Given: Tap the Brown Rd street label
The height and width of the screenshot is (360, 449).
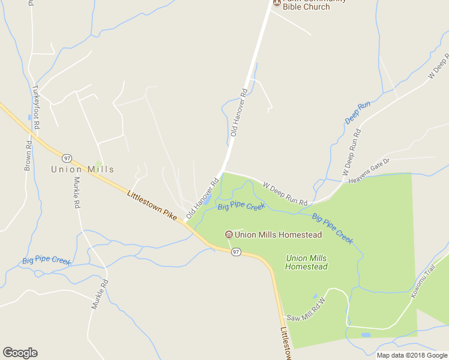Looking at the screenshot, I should [28, 156].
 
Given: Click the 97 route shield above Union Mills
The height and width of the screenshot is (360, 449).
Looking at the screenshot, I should [67, 158].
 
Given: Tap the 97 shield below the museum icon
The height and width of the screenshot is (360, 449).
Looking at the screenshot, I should [236, 252].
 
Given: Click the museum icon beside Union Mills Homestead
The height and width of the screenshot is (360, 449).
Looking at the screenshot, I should [228, 235].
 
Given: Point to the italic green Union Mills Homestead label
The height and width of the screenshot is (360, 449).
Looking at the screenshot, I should [306, 262].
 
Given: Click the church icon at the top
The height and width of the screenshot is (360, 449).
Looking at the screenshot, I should [277, 3].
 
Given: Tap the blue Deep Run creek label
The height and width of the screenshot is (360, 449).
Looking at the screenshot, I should [358, 113].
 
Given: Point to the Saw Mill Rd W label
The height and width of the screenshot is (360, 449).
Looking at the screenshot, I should [305, 310].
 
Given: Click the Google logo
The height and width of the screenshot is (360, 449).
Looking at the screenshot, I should [20, 353].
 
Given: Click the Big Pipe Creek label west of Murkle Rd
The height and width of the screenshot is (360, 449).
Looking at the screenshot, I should [46, 260].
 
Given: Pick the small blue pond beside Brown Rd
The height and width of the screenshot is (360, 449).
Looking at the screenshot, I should [29, 118].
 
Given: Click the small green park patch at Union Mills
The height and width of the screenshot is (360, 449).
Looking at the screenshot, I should [98, 164].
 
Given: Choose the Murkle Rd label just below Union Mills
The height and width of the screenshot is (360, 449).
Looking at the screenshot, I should [76, 193].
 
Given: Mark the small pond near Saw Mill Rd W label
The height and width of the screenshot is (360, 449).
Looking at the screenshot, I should [315, 296].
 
